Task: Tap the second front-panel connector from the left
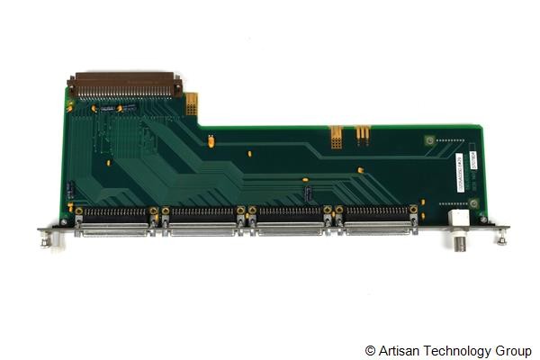(202, 222)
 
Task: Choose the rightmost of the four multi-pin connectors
(375, 222)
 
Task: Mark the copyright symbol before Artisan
(370, 349)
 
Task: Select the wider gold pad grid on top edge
(337, 136)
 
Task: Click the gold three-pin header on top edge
(363, 134)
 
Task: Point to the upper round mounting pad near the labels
(429, 139)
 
